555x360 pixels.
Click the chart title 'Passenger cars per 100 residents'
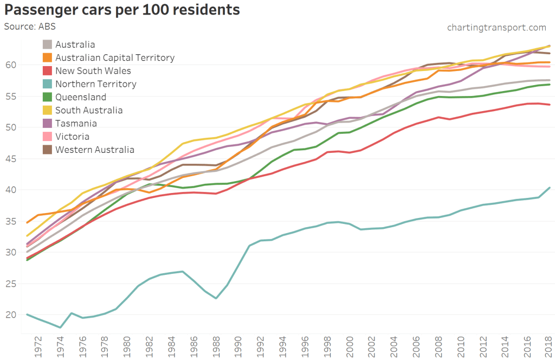point(122,10)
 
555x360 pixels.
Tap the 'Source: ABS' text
point(30,26)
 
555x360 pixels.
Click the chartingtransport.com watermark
point(496,27)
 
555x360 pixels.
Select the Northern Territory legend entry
point(95,84)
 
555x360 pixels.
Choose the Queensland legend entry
point(81,97)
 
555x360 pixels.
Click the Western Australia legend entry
point(95,150)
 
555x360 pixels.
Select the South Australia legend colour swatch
point(48,110)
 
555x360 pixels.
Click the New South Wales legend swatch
point(48,71)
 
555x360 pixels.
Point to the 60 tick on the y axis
point(11,65)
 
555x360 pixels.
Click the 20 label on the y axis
point(11,315)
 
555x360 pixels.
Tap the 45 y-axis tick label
point(11,159)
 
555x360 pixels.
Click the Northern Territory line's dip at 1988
point(216,298)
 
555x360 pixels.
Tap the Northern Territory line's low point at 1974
point(61,327)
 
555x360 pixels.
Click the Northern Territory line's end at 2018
point(550,188)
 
